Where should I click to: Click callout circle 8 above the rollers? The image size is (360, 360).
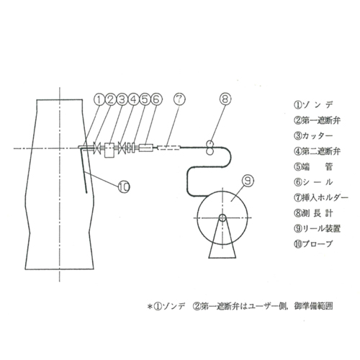[225, 102]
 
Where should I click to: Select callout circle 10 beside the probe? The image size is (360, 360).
[123, 186]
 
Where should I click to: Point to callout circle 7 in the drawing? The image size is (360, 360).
[179, 99]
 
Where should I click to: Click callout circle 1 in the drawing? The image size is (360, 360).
[100, 99]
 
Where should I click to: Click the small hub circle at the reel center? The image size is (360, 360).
[223, 217]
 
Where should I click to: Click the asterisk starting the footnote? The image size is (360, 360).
[150, 307]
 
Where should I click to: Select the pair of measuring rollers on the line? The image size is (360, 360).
[209, 147]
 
